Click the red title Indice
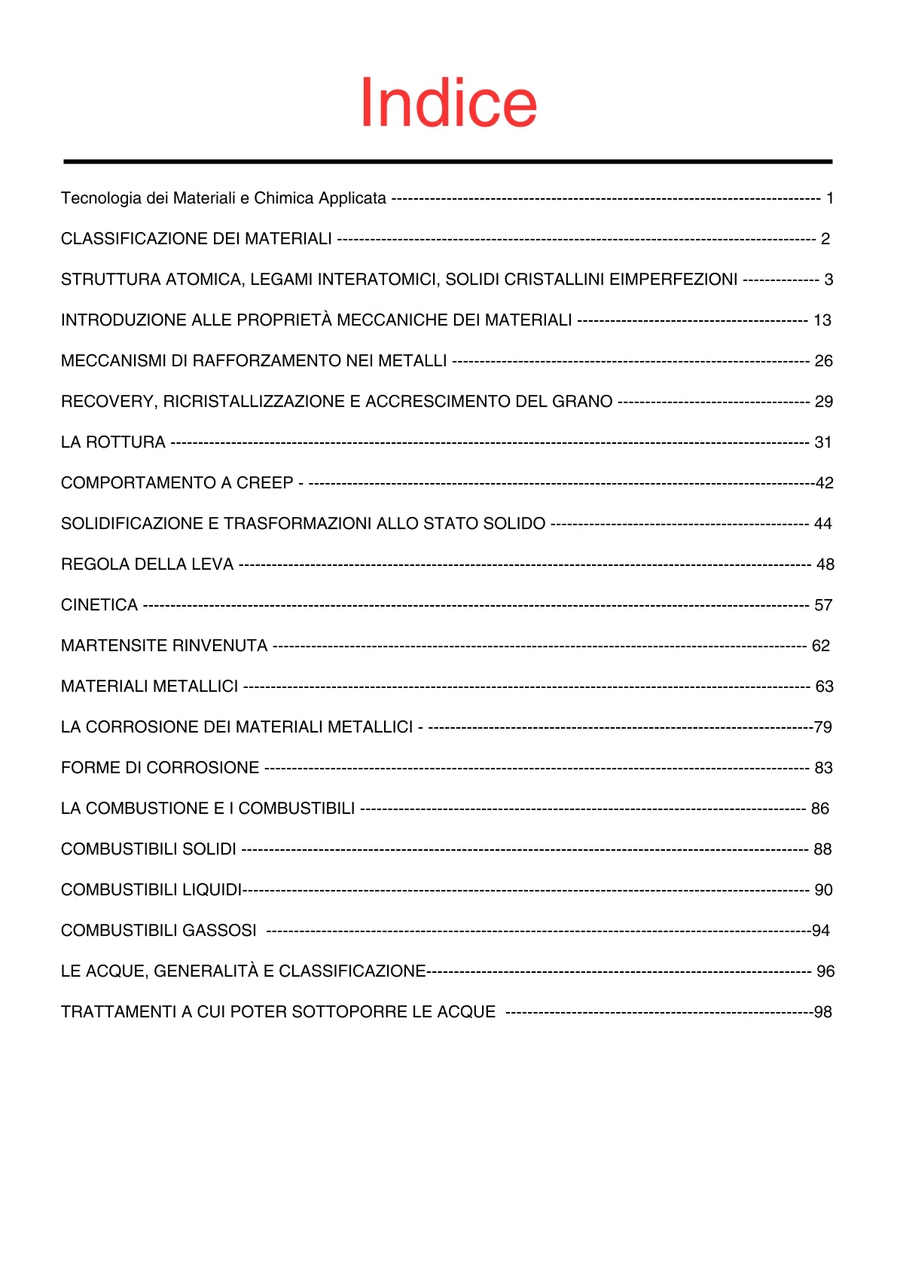click(448, 102)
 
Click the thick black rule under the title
click(448, 161)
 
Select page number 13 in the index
click(822, 320)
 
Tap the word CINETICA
click(99, 605)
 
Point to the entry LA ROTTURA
click(113, 442)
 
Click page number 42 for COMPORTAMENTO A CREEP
click(825, 483)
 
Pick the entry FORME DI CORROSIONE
click(160, 768)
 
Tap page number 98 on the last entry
click(823, 1012)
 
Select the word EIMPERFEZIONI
click(673, 280)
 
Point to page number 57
click(823, 605)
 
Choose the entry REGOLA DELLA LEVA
click(147, 564)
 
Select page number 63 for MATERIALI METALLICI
click(825, 686)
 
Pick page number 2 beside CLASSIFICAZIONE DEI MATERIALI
click(825, 239)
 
